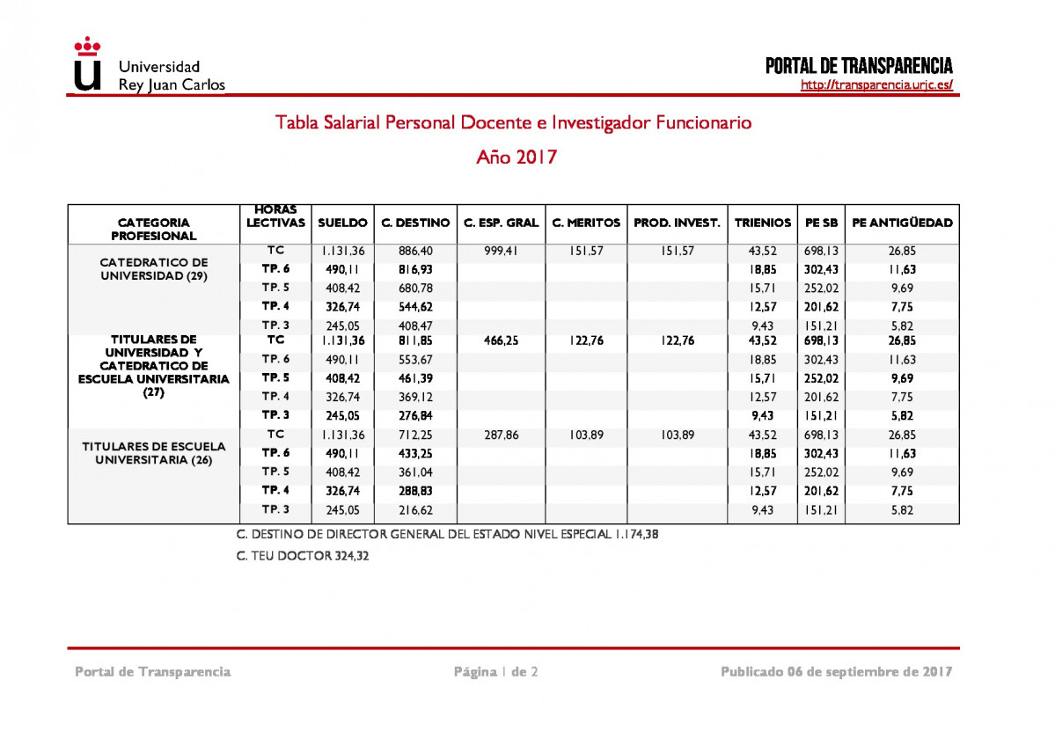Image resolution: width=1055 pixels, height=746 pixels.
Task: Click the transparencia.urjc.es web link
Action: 876,85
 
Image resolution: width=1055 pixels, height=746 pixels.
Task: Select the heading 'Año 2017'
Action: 517,157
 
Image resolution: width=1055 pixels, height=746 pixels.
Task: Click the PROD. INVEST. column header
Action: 677,223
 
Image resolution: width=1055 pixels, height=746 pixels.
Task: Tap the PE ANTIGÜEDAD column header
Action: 902,223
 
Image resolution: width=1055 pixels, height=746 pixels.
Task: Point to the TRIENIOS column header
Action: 762,223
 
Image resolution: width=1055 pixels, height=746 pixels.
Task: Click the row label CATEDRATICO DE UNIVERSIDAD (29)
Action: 154,269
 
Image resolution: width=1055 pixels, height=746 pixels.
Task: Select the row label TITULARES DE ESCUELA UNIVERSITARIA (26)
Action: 154,453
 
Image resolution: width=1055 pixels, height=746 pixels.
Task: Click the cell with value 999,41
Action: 501,251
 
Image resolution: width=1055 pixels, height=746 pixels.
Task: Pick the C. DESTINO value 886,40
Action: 415,251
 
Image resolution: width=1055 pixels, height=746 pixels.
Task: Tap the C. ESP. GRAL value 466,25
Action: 501,340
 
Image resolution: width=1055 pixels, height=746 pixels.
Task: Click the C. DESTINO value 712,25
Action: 415,435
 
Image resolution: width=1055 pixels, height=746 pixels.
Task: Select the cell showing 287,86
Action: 501,435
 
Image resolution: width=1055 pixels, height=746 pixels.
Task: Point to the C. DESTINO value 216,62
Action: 415,509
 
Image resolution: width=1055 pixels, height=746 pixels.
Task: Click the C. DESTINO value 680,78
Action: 415,288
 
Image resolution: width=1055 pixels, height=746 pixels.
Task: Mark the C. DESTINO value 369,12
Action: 415,397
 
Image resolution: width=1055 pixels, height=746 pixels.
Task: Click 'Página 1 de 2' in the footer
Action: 495,672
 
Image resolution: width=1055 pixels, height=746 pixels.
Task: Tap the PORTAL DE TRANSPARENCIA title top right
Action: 859,66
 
